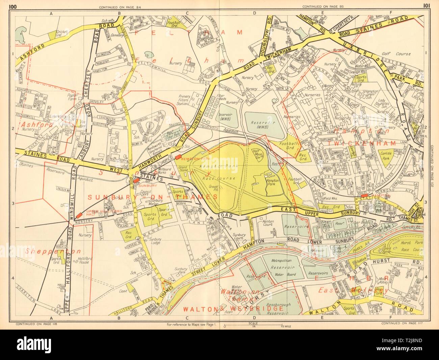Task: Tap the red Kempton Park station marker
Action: click(178, 157)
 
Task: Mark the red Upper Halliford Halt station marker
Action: click(79, 215)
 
